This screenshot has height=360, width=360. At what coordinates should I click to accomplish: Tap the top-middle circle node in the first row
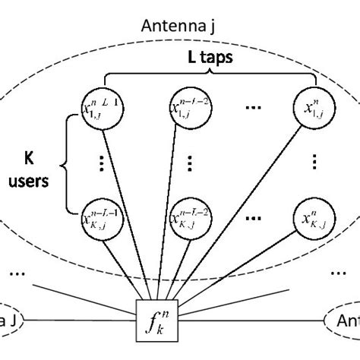coord(188,109)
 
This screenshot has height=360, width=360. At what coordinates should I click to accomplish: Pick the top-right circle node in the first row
coord(314,109)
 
